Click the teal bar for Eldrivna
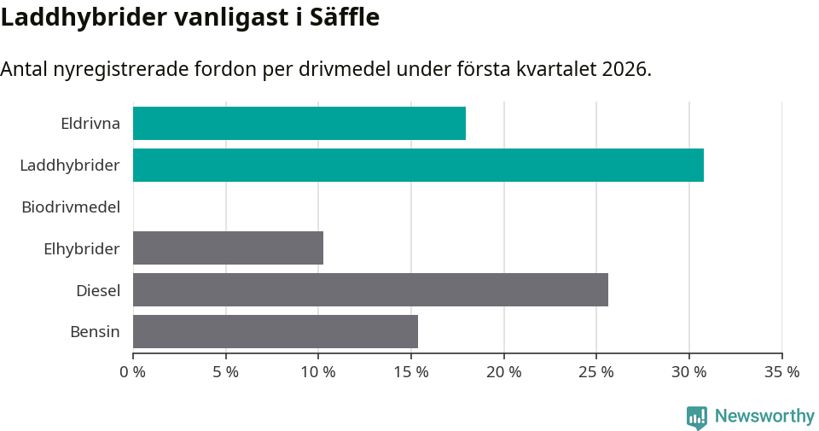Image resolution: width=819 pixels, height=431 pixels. [x=299, y=123]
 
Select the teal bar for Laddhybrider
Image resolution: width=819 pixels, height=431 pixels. [x=418, y=165]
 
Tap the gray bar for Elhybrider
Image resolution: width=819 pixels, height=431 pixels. [x=228, y=248]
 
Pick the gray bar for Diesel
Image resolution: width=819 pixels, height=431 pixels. [x=370, y=290]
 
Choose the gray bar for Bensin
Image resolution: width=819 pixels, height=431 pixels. [x=275, y=332]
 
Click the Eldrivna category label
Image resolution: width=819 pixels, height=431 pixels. [x=90, y=123]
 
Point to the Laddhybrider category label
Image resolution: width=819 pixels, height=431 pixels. [x=70, y=165]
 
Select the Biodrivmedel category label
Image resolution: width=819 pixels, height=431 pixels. [x=71, y=207]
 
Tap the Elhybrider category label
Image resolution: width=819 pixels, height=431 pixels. [x=82, y=248]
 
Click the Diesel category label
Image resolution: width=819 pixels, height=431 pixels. [x=98, y=290]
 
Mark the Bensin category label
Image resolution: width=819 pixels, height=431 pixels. [x=95, y=332]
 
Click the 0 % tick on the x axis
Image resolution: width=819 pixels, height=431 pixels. [x=133, y=372]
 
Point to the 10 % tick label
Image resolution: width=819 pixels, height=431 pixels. [x=318, y=372]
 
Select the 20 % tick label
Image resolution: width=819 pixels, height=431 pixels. [x=504, y=372]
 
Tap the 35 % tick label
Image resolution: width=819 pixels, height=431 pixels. [x=782, y=372]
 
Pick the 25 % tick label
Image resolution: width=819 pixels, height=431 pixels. [x=596, y=372]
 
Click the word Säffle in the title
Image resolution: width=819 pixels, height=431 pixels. [x=346, y=17]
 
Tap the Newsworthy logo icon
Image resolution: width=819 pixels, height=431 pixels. [x=697, y=416]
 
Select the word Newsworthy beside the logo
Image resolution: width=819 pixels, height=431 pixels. [x=764, y=416]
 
